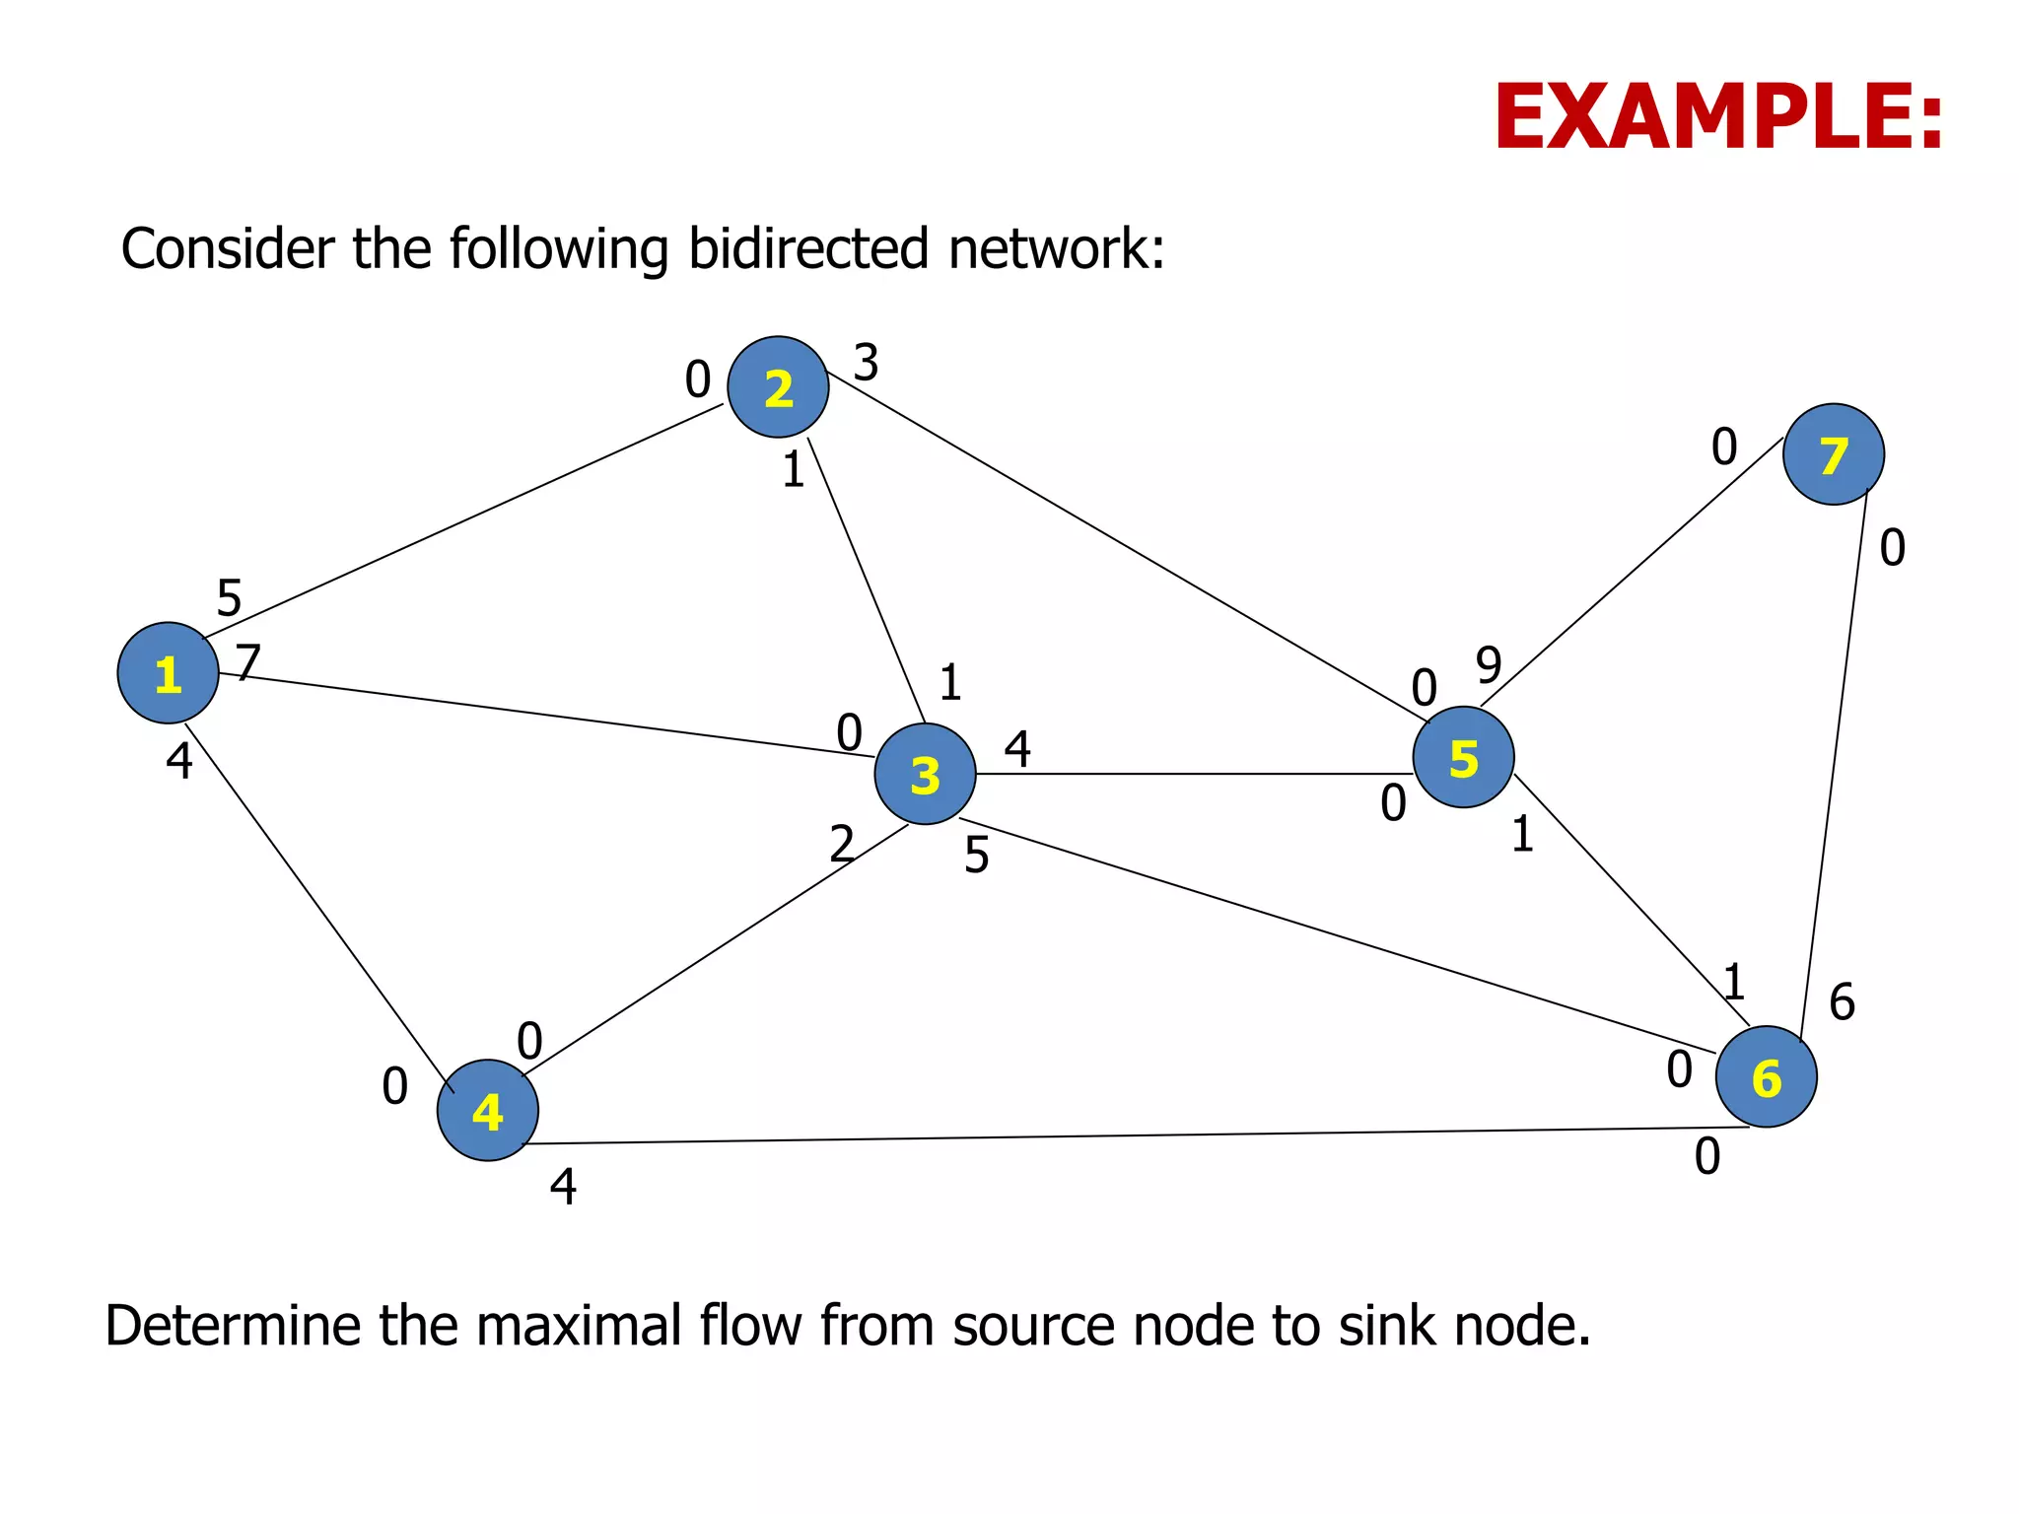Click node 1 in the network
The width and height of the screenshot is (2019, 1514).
168,673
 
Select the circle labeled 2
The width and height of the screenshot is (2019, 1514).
778,387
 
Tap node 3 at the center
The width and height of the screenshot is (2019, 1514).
925,774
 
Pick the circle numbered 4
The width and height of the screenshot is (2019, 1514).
487,1110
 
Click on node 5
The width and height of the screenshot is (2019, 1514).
1463,757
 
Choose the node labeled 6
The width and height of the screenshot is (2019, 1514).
1766,1076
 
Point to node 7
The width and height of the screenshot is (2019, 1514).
1833,454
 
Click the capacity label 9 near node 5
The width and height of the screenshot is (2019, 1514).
1489,665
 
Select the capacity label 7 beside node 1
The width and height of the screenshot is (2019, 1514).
248,661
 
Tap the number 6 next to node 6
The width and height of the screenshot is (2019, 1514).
1842,1002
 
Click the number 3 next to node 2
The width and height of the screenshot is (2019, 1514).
866,363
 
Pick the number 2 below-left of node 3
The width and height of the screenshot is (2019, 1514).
841,844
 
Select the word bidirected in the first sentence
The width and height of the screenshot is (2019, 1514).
808,248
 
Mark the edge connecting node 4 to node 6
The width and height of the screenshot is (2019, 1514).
1134,1135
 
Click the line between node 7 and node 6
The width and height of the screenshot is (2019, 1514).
1835,759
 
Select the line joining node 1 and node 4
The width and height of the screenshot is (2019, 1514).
318,907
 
